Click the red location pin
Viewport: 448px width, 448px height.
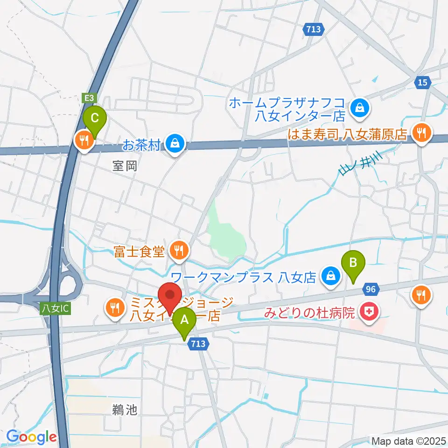coord(170,295)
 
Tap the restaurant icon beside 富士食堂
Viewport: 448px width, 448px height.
coord(178,251)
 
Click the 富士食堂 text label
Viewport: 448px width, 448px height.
coord(140,252)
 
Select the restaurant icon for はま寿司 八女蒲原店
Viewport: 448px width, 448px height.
coord(422,133)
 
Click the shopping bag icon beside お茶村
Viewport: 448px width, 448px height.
coord(174,143)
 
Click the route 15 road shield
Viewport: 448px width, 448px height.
coord(422,82)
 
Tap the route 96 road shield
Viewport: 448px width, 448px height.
coord(371,290)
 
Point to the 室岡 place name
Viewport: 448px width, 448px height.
coord(125,166)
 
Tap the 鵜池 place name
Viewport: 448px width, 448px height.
coord(125,410)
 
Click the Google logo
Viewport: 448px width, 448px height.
coord(31,437)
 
